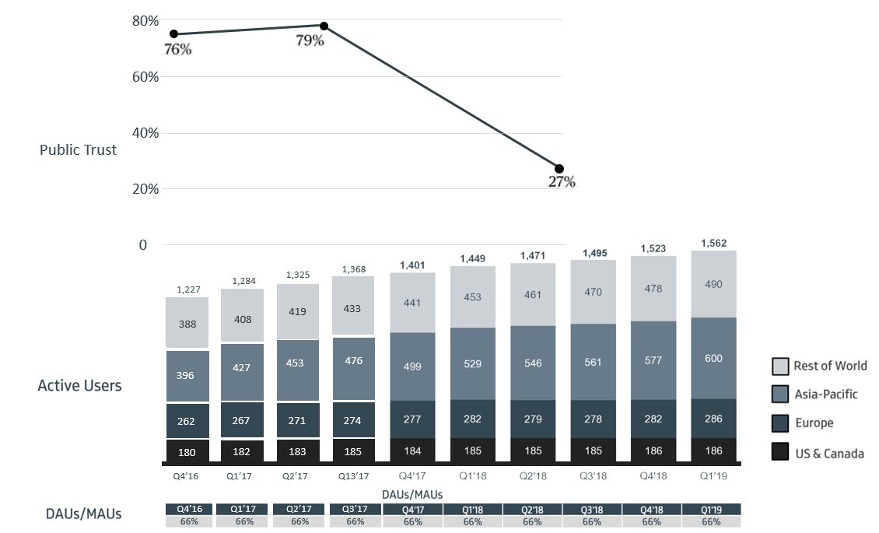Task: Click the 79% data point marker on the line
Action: [324, 26]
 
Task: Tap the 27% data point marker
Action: [559, 169]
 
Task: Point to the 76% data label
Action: [177, 49]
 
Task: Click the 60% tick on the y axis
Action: [146, 77]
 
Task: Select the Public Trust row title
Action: [78, 149]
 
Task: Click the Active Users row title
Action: [79, 385]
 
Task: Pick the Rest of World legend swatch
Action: [780, 366]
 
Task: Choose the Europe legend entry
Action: [813, 423]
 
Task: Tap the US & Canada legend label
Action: [828, 453]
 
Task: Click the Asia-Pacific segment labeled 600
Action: [713, 359]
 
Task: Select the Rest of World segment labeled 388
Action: [186, 323]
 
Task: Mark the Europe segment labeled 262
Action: [186, 421]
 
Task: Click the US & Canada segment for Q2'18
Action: [533, 451]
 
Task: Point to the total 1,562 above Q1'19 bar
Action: [713, 244]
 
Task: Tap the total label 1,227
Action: [187, 289]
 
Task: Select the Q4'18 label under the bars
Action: [653, 474]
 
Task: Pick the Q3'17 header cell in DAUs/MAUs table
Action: [355, 509]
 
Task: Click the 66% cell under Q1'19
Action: [711, 522]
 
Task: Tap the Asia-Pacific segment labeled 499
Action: [412, 366]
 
